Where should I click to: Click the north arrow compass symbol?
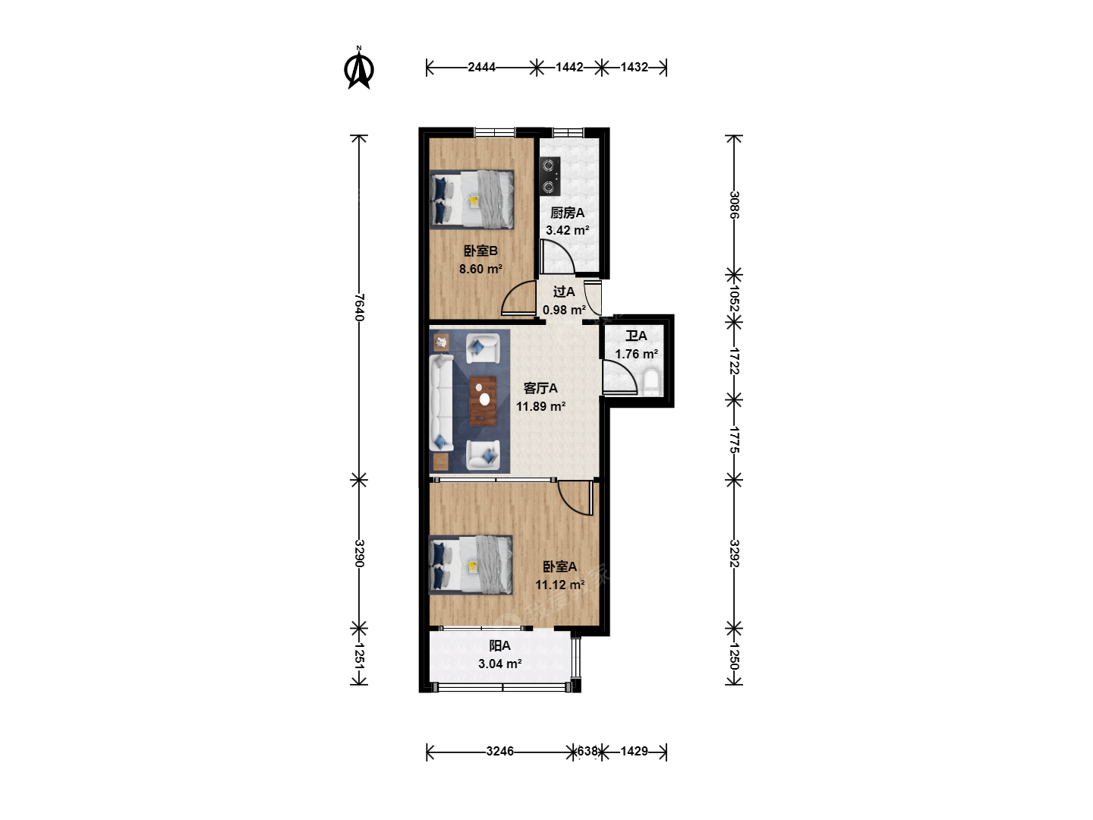coord(358,68)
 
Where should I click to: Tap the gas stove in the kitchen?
coord(550,176)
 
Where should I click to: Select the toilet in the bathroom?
coord(651,382)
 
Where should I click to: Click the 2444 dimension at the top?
coord(481,67)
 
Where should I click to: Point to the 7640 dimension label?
coord(360,307)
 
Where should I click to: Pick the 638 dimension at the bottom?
coord(587,751)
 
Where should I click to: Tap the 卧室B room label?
coord(480,251)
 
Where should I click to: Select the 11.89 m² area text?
coord(540,406)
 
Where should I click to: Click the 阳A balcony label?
coord(500,645)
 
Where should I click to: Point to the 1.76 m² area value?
coord(636,354)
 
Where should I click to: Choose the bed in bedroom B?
coord(471,200)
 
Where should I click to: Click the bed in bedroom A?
coord(471,565)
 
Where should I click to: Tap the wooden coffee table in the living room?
coord(483,401)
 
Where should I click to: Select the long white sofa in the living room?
coord(441,402)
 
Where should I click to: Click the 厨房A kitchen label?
coord(567,213)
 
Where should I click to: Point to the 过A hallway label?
coord(564,292)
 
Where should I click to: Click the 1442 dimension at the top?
coord(569,67)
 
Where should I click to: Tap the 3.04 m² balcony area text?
coord(500,664)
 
